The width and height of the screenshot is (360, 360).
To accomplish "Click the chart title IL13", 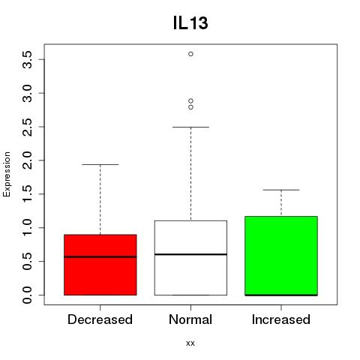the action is click(190, 23).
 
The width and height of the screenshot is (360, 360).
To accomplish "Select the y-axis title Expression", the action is click(7, 174).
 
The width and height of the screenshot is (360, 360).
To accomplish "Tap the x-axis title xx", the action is click(190, 343).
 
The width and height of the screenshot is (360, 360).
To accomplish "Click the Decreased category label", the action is click(100, 319).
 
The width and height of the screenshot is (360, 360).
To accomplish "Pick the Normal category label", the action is click(190, 319).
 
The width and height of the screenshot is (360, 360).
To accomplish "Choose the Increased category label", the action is click(281, 319).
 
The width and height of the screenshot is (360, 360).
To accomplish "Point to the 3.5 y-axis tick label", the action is click(27, 60).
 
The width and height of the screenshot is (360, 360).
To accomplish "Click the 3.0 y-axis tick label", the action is click(27, 93).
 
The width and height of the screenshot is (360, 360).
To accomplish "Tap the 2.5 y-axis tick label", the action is click(27, 127).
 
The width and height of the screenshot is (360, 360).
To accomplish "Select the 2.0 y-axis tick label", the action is click(27, 160).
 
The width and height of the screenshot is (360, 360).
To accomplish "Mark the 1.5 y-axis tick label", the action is click(27, 194).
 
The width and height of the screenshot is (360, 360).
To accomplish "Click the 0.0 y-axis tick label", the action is click(27, 295).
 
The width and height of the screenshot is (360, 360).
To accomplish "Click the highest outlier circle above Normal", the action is click(190, 54).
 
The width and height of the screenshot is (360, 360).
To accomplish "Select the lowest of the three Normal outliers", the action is click(190, 107).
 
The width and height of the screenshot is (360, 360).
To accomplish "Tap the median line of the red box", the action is click(100, 256).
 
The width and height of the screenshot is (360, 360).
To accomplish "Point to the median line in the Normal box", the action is click(190, 254).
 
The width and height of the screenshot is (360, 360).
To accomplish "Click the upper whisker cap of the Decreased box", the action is click(100, 164).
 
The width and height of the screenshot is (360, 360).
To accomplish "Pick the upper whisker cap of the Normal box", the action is click(190, 127).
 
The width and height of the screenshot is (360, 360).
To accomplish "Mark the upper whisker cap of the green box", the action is click(281, 190).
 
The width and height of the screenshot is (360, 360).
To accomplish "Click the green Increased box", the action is click(281, 256).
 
